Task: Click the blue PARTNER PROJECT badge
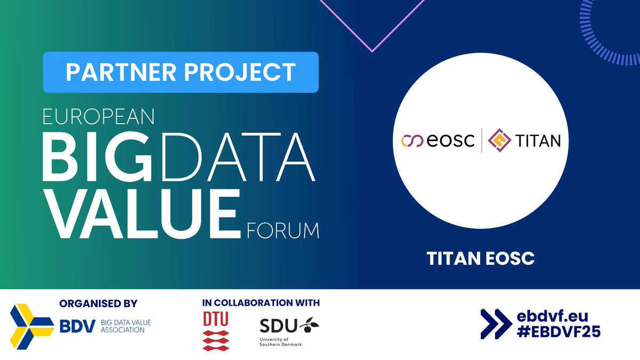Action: point(180,72)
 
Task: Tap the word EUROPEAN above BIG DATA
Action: point(99,117)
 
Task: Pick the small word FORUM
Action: point(283,231)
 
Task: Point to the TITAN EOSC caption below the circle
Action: point(481,259)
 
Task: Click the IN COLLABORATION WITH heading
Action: point(261,303)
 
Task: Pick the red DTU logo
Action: point(215,331)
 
